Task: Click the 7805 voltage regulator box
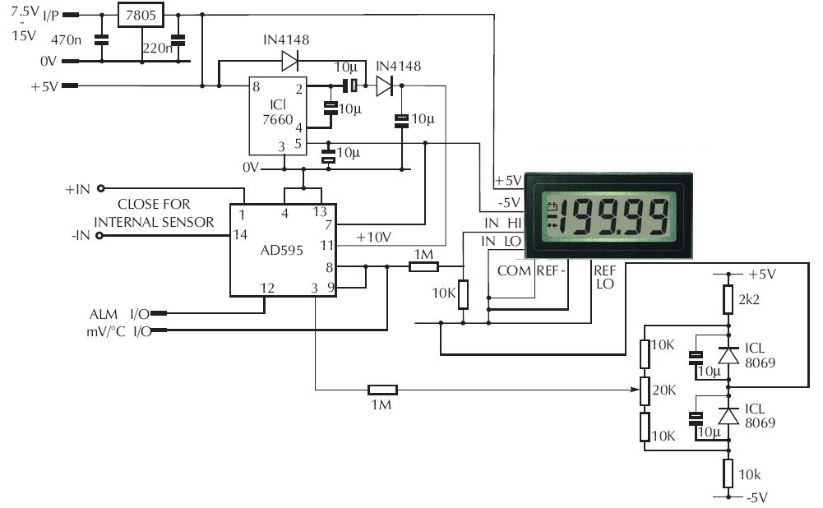pyautogui.click(x=140, y=15)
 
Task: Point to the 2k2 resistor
pyautogui.click(x=728, y=299)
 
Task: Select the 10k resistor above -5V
pyautogui.click(x=728, y=473)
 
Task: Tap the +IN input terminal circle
pyautogui.click(x=100, y=188)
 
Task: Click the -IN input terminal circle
pyautogui.click(x=100, y=236)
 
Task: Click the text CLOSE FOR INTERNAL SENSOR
pyautogui.click(x=155, y=213)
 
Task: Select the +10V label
pyautogui.click(x=374, y=237)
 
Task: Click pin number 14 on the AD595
pyautogui.click(x=240, y=235)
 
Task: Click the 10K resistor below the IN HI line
pyautogui.click(x=463, y=293)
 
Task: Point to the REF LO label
pyautogui.click(x=604, y=276)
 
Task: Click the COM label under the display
pyautogui.click(x=514, y=270)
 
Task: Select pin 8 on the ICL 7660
pyautogui.click(x=257, y=86)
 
